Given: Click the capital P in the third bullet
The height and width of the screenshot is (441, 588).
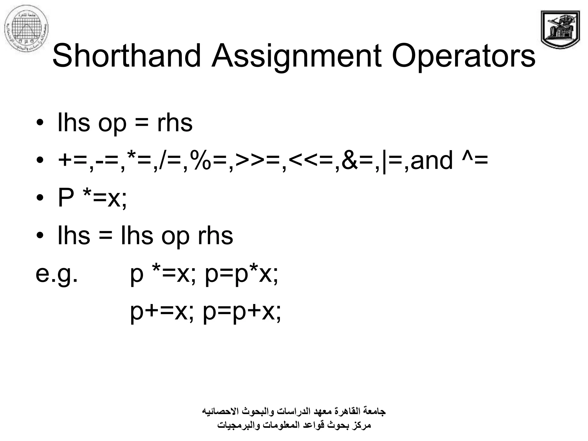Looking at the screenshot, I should [x=66, y=198].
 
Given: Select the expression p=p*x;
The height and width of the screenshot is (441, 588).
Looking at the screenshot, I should [x=241, y=274].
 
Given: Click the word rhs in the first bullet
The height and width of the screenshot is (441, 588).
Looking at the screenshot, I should [x=175, y=123].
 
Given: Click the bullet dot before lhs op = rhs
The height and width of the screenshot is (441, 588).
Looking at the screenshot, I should [x=40, y=123].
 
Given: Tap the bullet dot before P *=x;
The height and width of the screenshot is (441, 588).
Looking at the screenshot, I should [x=40, y=198].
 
